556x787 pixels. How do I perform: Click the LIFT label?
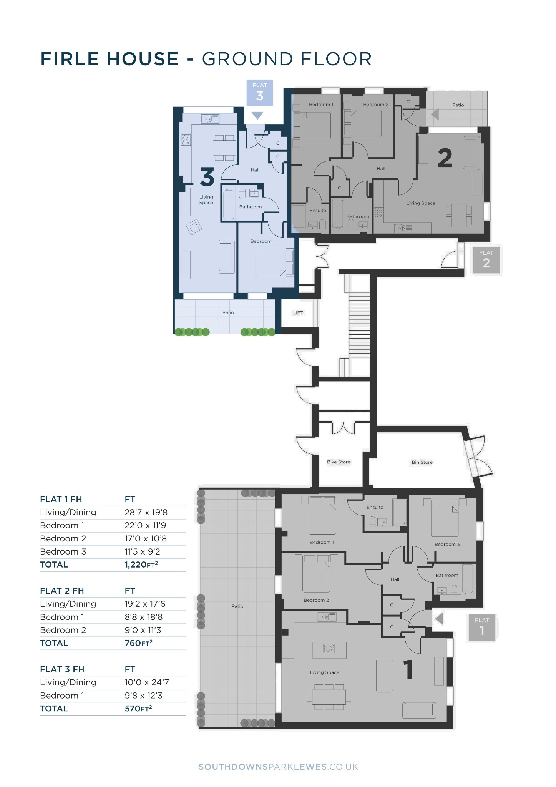coord(298,313)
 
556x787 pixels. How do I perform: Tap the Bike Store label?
coord(339,462)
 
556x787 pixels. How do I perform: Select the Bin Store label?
coord(422,462)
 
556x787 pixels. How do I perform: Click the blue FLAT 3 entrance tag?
coord(260,93)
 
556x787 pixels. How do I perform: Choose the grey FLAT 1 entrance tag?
coord(482,628)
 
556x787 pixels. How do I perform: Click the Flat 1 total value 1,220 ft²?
coord(141,565)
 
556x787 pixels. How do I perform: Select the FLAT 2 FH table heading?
coord(62,591)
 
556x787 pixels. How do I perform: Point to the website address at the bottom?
coord(278,767)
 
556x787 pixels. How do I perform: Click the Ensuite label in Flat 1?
coord(375,507)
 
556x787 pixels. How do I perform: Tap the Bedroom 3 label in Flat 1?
coord(447,544)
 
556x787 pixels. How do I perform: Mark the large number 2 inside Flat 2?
coord(445,158)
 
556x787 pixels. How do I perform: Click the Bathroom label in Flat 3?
coord(251,207)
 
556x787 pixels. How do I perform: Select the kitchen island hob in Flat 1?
coord(329,648)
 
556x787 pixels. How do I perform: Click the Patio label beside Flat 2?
coord(458,105)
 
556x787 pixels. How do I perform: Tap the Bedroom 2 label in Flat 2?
coord(376,105)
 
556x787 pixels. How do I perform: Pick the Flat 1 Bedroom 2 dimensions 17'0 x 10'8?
coord(146,538)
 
